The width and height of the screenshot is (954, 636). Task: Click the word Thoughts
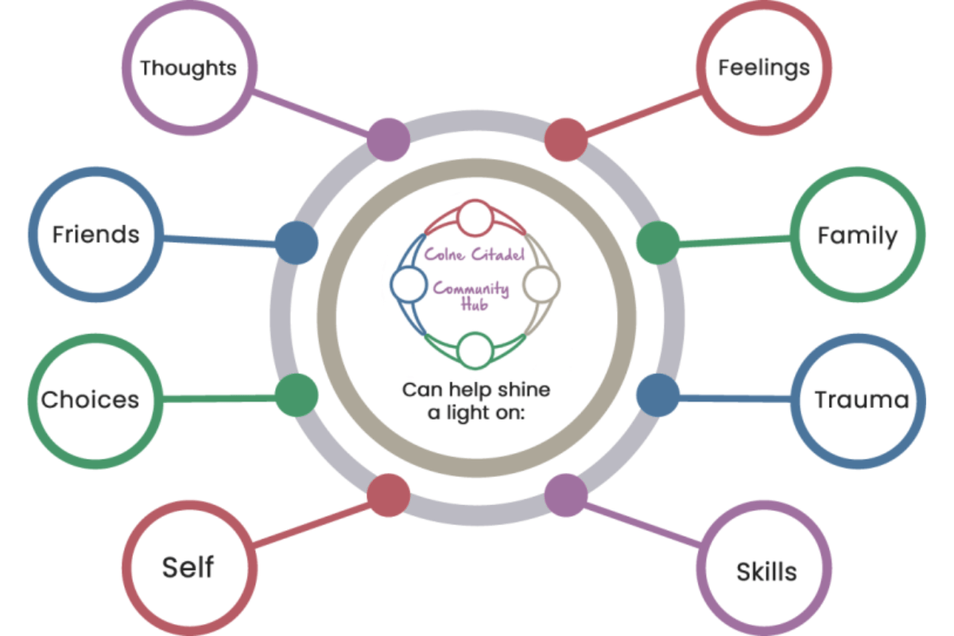click(x=188, y=68)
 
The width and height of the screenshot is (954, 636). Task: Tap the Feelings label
click(x=764, y=68)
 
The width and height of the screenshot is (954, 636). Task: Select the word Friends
click(x=95, y=235)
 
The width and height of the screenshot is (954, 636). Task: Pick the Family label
click(x=858, y=235)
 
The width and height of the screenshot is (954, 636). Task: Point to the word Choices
click(x=90, y=399)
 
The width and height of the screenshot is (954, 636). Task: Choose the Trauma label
click(x=861, y=399)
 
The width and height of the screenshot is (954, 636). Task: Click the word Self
click(x=188, y=567)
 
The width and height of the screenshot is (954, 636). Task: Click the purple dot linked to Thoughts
click(x=389, y=139)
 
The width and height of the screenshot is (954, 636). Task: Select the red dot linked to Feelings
click(x=566, y=140)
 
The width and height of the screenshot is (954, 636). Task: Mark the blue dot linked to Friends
click(x=297, y=242)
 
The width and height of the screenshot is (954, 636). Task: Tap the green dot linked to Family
click(x=658, y=242)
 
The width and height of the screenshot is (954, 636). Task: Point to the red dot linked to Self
click(x=389, y=494)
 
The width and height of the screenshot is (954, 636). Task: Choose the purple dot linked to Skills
click(x=566, y=494)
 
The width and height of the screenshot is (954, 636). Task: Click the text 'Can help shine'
click(x=475, y=390)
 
